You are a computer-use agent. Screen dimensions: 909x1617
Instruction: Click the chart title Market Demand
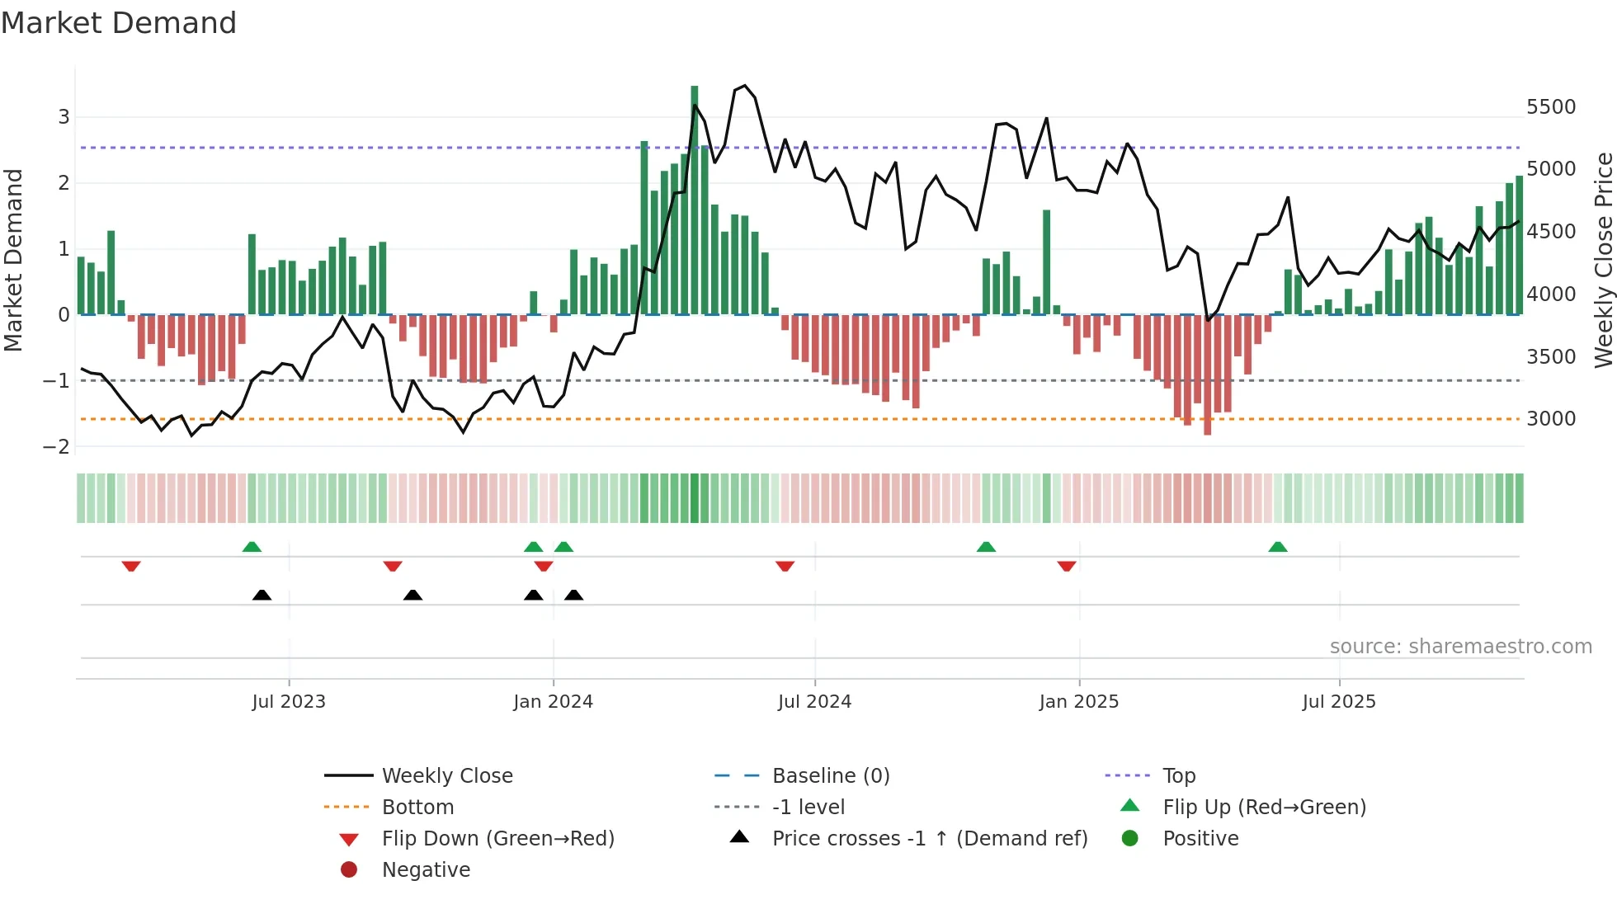[x=119, y=23]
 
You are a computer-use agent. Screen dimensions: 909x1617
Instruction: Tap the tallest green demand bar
[x=695, y=198]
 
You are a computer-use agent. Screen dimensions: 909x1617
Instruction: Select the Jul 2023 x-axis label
[x=289, y=702]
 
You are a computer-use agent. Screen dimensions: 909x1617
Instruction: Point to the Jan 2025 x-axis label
[x=1078, y=702]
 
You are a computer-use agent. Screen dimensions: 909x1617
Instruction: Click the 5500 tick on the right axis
[x=1551, y=107]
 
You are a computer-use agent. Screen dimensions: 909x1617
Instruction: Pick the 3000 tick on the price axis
[x=1551, y=419]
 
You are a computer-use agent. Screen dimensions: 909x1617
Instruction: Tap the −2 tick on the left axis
[x=57, y=447]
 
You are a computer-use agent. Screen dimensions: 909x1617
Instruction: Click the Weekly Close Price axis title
[x=1603, y=260]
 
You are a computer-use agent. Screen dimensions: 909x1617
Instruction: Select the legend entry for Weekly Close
[x=446, y=776]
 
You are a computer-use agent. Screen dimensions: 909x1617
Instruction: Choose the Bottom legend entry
[x=417, y=808]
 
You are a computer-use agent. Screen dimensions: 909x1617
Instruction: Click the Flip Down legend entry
[x=497, y=839]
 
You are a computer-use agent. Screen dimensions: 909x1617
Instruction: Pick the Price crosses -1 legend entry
[x=929, y=839]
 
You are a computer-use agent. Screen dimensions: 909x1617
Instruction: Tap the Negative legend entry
[x=426, y=870]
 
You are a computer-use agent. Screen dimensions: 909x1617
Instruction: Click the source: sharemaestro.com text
[x=1460, y=647]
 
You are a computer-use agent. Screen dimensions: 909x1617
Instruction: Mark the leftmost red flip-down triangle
[x=131, y=566]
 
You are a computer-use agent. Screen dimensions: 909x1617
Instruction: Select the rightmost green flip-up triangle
[x=1277, y=547]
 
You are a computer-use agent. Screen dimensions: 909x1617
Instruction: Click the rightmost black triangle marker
[x=573, y=595]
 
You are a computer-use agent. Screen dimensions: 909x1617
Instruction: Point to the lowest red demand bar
[x=1208, y=375]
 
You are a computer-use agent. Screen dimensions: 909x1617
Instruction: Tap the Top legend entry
[x=1178, y=776]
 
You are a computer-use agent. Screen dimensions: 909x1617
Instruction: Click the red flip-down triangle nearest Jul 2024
[x=785, y=566]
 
